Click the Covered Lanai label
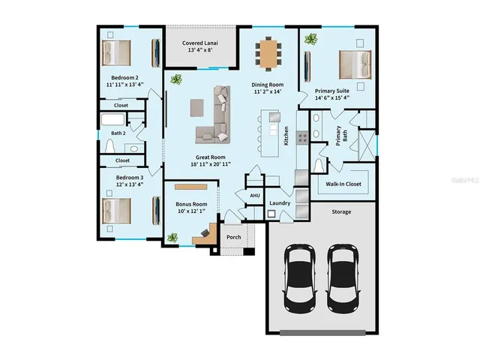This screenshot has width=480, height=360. (x=201, y=43)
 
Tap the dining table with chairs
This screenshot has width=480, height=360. (x=269, y=52)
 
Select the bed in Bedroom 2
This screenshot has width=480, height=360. (x=116, y=52)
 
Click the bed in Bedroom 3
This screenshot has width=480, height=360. (x=116, y=211)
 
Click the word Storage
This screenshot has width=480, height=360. (x=342, y=212)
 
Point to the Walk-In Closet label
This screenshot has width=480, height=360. (x=343, y=184)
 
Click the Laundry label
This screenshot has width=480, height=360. (x=280, y=203)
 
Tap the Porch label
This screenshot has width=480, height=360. (x=234, y=238)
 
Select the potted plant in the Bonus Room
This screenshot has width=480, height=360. (x=173, y=238)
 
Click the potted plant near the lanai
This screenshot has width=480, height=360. (x=175, y=78)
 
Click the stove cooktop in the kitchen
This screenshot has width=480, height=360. (x=303, y=137)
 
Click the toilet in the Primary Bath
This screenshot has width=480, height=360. (x=319, y=165)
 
